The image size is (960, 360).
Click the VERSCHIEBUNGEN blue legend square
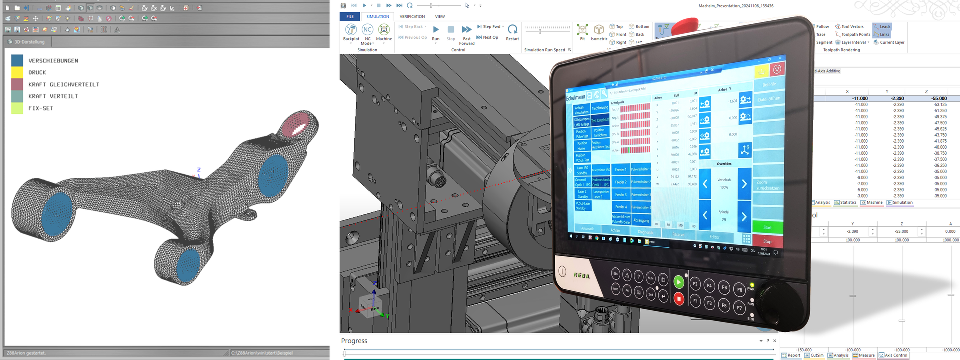point(17,60)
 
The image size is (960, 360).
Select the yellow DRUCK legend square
point(17,72)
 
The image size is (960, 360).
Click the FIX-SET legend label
point(40,108)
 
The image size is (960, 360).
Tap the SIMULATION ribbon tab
point(377,16)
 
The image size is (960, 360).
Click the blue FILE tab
point(350,16)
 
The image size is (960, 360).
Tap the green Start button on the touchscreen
point(767,227)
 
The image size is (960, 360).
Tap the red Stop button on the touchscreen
point(767,241)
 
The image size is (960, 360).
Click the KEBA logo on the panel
point(581,275)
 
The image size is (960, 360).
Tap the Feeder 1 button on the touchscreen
point(620,170)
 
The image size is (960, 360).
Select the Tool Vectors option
point(852,27)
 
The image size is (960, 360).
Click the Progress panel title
point(354,341)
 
